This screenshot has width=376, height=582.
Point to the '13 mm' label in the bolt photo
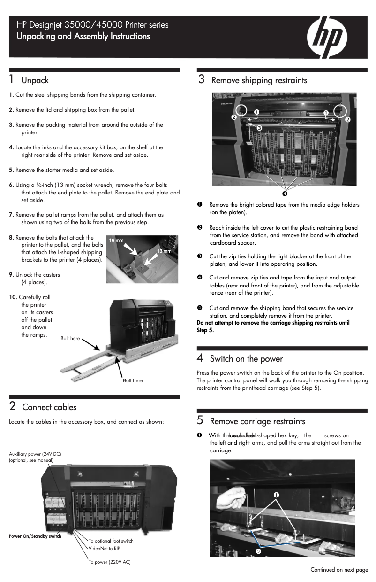tap(164, 251)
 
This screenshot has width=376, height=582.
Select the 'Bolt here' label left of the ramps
tap(70, 338)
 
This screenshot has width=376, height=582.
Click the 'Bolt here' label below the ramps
tap(133, 380)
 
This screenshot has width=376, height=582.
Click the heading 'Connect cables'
tap(49, 407)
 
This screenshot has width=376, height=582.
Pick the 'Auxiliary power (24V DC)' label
tap(35, 454)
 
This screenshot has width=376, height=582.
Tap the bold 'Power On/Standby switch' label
tap(35, 536)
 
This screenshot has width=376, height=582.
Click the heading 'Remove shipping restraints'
tap(259, 80)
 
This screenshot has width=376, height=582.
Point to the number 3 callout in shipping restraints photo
tap(258, 127)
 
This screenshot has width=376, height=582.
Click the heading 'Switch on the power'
tap(246, 359)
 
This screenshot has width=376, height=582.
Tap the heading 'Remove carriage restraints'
tap(257, 421)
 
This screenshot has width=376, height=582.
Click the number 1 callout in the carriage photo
tap(277, 495)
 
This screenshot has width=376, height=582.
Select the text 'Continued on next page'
tap(339, 570)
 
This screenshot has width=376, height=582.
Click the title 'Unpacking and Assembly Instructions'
tap(83, 36)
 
